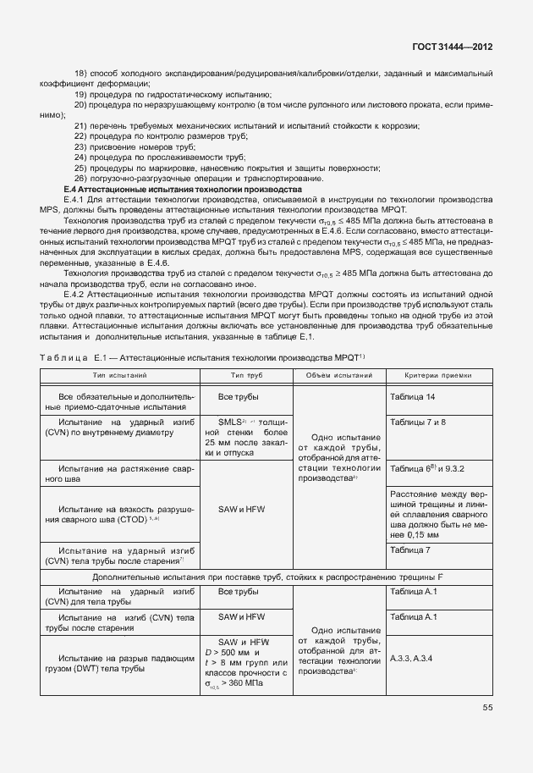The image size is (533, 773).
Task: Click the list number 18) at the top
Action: tap(81, 74)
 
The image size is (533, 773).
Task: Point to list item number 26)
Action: tap(81, 178)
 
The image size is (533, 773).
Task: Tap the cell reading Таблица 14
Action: tap(413, 396)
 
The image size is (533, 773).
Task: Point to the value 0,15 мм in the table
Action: tap(416, 535)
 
